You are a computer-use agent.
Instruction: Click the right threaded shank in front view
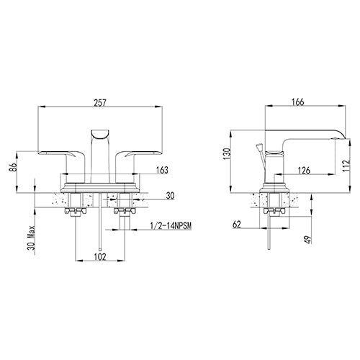click(x=123, y=220)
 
